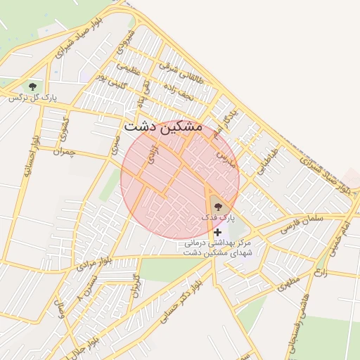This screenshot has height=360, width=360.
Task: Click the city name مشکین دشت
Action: pos(162,127)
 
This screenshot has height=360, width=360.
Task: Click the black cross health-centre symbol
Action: pos(218,232)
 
